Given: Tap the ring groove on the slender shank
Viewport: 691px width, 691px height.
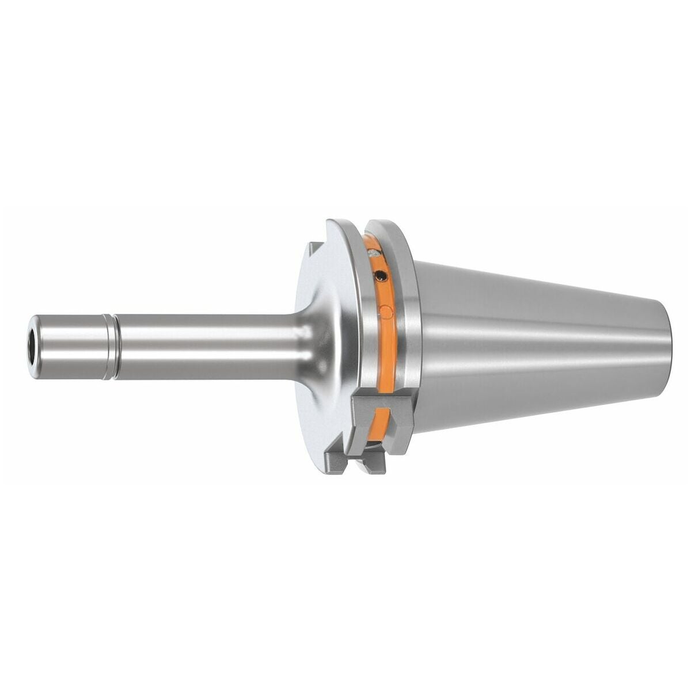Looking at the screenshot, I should click(x=108, y=347).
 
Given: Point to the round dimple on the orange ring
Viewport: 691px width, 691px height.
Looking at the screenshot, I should click(x=386, y=312).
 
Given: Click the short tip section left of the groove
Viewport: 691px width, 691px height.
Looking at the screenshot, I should click(x=69, y=347).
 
